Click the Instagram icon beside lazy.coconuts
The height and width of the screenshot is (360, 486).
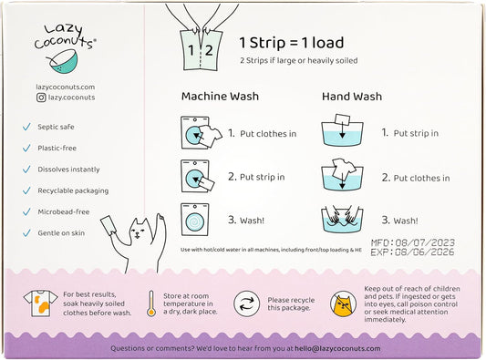(x=41, y=98)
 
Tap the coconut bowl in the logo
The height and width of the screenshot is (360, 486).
(x=63, y=63)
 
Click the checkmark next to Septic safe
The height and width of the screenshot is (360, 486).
(x=26, y=127)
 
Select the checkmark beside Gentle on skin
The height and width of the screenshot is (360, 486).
(x=26, y=233)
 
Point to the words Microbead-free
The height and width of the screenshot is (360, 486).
(x=64, y=212)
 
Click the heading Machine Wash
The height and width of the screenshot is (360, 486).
(x=220, y=97)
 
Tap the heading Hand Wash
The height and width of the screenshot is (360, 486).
(x=352, y=97)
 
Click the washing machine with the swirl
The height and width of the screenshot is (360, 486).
(x=195, y=220)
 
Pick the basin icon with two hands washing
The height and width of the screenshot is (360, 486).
(x=342, y=219)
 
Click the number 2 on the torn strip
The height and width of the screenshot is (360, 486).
(x=209, y=50)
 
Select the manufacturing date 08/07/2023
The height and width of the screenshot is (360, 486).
(x=425, y=242)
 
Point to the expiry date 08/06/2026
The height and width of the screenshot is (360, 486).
(x=425, y=252)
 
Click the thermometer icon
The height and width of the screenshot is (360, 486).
(x=151, y=303)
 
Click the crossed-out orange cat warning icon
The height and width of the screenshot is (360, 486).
(x=343, y=303)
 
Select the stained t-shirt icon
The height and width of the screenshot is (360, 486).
(x=40, y=303)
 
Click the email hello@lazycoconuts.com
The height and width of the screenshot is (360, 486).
(x=337, y=348)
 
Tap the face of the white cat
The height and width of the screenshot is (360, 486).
(x=139, y=231)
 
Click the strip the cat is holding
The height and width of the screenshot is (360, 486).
(x=109, y=225)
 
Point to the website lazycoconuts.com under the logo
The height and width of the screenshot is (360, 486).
(x=65, y=87)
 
